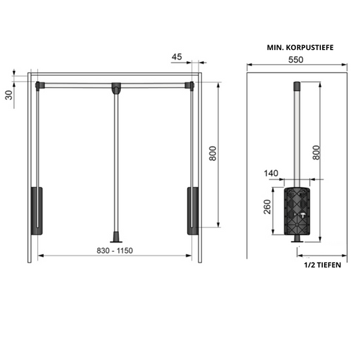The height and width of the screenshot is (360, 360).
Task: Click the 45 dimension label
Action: [176, 58]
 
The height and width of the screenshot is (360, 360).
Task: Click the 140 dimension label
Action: [272, 174]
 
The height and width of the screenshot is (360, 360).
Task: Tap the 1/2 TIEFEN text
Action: [322, 265]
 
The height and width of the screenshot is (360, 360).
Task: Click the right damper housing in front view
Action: [192, 210]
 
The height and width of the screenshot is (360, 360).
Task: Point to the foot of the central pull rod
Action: [117, 238]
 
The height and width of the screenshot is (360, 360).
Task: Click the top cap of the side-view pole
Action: [296, 86]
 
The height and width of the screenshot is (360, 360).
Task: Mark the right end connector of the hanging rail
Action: [191, 85]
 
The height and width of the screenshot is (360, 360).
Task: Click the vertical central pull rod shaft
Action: [116, 162]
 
